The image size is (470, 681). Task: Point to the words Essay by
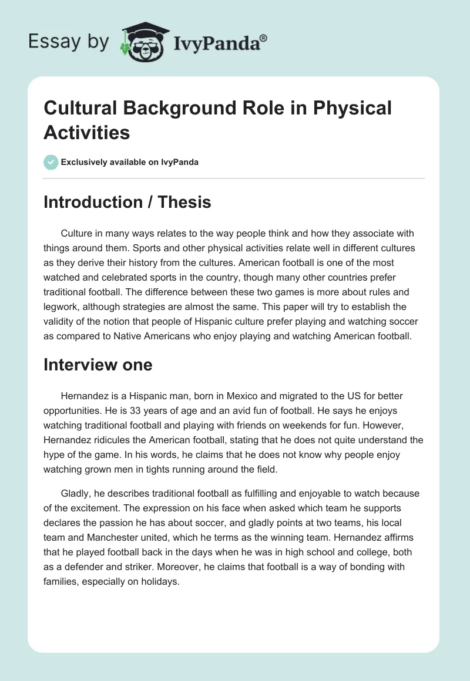coord(69,42)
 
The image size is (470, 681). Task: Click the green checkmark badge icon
coord(51,162)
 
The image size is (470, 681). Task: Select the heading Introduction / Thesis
coord(127,202)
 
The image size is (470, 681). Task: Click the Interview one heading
coord(98,365)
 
